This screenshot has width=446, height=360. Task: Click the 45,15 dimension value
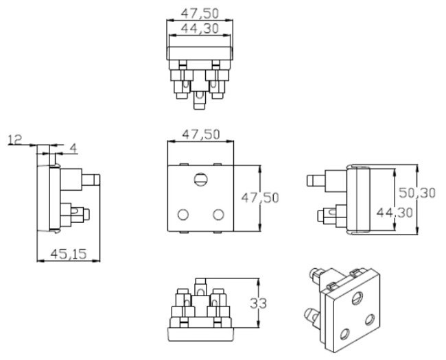pyautogui.click(x=68, y=254)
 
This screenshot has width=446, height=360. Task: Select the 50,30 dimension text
pyautogui.click(x=417, y=193)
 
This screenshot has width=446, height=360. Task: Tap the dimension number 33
pyautogui.click(x=258, y=303)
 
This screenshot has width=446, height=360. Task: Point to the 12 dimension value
pyautogui.click(x=15, y=140)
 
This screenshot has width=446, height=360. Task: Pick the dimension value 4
pyautogui.click(x=73, y=148)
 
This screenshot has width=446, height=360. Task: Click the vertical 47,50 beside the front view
pyautogui.click(x=260, y=197)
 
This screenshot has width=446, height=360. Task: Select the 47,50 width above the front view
pyautogui.click(x=201, y=134)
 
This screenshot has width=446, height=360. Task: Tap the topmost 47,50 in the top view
pyautogui.click(x=200, y=13)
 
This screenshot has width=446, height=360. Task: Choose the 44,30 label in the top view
pyautogui.click(x=200, y=28)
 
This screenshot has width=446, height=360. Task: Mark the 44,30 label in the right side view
pyautogui.click(x=395, y=213)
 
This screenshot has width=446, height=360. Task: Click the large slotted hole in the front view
pyautogui.click(x=201, y=179)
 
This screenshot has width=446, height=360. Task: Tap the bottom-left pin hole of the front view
pyautogui.click(x=183, y=215)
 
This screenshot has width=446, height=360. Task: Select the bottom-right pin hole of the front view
pyautogui.click(x=218, y=215)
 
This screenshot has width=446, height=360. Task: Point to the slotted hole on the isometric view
pyautogui.click(x=357, y=298)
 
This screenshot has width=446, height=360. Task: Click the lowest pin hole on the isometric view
pyautogui.click(x=344, y=334)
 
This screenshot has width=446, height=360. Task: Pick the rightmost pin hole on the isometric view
pyautogui.click(x=370, y=320)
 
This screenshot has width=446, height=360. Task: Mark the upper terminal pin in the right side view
pyautogui.click(x=316, y=180)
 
